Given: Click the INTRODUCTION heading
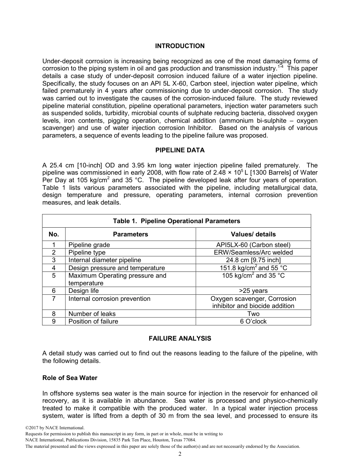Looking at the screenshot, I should pos(180,46).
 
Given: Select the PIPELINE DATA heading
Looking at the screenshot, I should pos(180,150).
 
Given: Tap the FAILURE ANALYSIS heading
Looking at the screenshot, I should pos(180,338).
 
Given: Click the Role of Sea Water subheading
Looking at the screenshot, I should pos(70,378).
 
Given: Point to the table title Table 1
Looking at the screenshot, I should pos(176,221).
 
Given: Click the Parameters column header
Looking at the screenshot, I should pos(130,234).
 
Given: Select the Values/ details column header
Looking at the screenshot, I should pos(253,234).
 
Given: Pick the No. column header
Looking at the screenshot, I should pos(54,234).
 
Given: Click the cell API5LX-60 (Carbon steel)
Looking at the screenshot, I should pos(253,245).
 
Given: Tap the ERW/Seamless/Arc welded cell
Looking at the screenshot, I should pos(253,252).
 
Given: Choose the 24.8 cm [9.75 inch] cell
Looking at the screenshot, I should pos(253,260).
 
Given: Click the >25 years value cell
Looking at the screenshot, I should pos(253,291).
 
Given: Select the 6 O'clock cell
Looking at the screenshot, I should pos(253,321).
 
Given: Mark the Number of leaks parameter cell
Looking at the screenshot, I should pos(92,314).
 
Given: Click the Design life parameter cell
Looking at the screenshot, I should pos(83,291).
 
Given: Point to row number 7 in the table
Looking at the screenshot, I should pos(54,299).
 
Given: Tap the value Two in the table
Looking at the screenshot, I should pos(253,314).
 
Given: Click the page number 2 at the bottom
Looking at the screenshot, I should pos(180,454).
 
